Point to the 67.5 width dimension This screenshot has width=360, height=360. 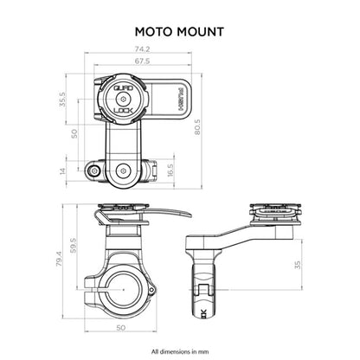point(143,61)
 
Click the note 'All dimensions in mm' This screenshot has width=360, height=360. point(178,351)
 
